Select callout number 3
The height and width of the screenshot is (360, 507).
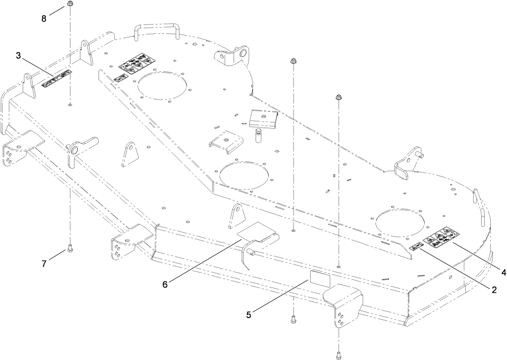[x=18, y=56]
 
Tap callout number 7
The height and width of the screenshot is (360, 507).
[x=44, y=263]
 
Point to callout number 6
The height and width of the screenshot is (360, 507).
[x=165, y=284]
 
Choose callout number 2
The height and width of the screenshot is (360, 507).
[x=494, y=290]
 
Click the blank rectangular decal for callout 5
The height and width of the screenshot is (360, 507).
[x=320, y=278]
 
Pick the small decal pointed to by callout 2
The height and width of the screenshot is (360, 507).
[x=416, y=247]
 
